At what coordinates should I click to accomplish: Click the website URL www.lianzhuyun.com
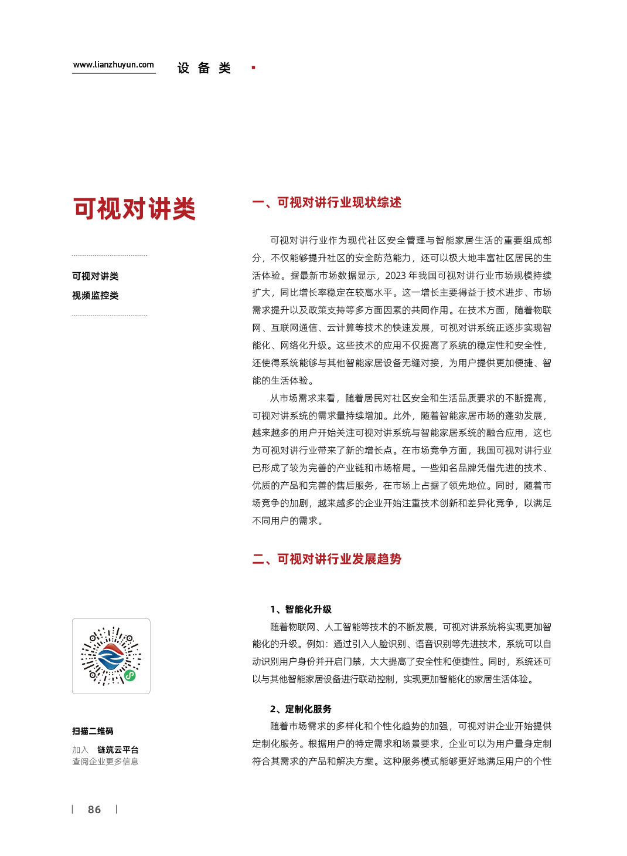click(114, 65)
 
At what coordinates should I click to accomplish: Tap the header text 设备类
click(204, 68)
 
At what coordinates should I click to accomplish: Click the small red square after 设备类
click(253, 68)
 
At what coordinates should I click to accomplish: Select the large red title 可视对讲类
click(134, 209)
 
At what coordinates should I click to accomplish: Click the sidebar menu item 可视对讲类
click(95, 276)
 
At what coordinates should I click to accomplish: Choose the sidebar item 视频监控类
click(95, 296)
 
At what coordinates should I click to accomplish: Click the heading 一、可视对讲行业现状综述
click(326, 203)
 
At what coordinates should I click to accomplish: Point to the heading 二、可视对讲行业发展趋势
click(326, 559)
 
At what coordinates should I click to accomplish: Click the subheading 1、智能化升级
click(301, 609)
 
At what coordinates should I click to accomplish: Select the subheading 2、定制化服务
click(301, 709)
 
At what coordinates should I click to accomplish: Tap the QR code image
click(111, 656)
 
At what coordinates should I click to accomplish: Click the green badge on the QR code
click(130, 675)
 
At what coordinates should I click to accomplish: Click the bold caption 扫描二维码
click(93, 731)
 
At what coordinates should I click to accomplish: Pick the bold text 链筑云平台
click(118, 750)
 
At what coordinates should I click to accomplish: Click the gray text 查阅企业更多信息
click(105, 762)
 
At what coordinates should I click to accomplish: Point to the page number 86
click(94, 810)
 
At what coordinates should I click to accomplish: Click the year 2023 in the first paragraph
click(395, 275)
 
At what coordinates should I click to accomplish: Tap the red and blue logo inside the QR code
click(110, 656)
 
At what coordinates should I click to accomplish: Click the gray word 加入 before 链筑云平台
click(80, 750)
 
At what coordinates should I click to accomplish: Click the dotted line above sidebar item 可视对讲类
click(110, 256)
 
